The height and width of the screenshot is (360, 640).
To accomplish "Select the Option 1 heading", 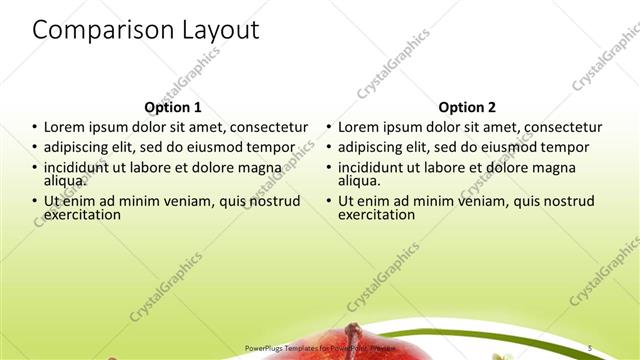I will coord(173,107).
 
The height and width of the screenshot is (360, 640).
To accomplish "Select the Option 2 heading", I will coord(467,107).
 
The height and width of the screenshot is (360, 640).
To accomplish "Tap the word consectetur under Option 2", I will coord(562,127).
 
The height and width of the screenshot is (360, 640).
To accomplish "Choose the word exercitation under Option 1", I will coord(83,214).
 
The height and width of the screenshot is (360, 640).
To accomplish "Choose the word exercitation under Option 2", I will coord(377,214).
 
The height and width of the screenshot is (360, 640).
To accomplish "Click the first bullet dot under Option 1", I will coord(36,128).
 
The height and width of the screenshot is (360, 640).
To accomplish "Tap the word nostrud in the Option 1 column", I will coord(274,201).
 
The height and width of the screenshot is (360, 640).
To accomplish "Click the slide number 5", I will coord(590,347).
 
